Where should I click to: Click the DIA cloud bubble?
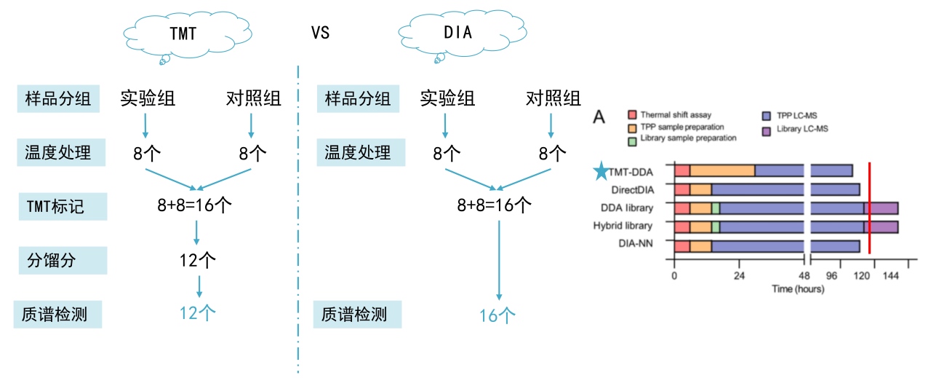point(457,34)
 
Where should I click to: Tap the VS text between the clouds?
point(320,34)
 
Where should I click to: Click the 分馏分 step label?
point(51,260)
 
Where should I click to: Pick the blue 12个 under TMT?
point(198,313)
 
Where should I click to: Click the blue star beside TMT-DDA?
point(601,172)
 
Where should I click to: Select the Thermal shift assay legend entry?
point(669,115)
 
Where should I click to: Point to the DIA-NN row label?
point(632,245)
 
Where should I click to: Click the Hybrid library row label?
point(623,227)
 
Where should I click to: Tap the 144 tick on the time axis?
point(891,276)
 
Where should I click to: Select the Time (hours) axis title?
point(797,289)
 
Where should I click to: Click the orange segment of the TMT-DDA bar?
point(722,171)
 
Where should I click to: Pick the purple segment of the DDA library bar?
point(881,208)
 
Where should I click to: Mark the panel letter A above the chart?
point(600,117)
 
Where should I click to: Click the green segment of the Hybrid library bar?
point(716,227)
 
